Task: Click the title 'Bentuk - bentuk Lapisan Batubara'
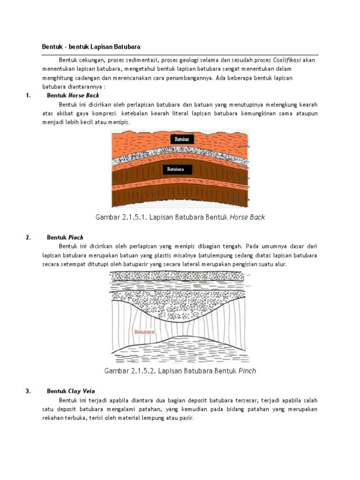tap(91, 47)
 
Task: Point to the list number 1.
tap(29, 96)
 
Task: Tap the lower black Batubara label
tap(177, 169)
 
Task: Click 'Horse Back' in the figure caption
tap(247, 217)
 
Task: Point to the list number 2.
tap(29, 237)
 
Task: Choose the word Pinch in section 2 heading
tap(75, 237)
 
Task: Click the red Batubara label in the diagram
tap(144, 332)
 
